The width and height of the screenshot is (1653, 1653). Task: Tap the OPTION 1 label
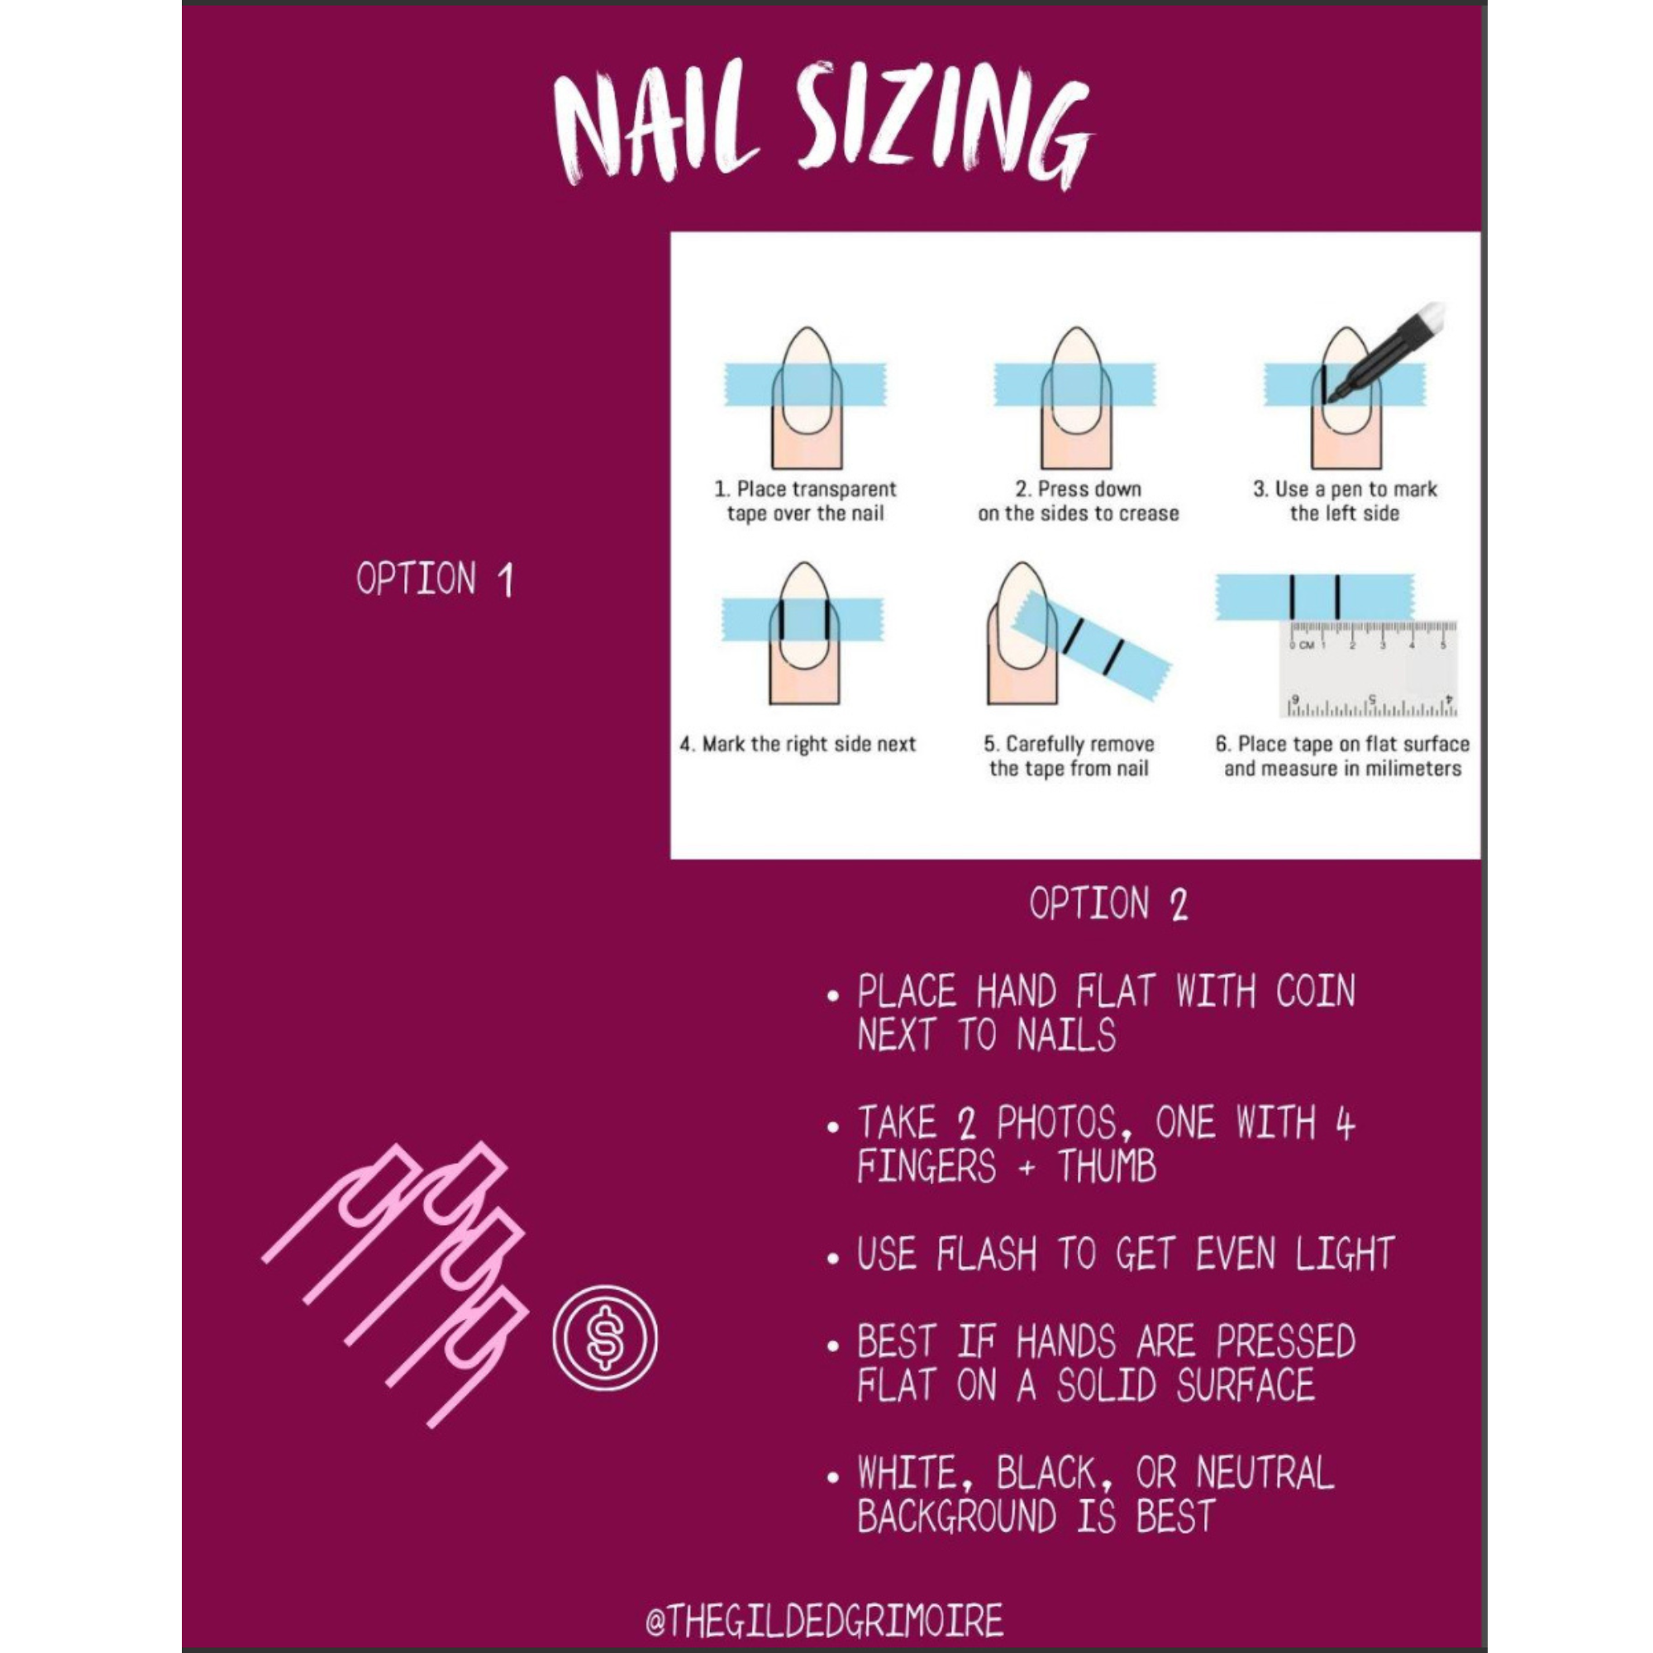(x=435, y=579)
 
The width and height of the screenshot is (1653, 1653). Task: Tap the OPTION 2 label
(x=1109, y=904)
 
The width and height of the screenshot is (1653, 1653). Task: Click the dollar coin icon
(x=605, y=1337)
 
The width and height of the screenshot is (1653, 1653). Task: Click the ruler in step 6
(x=1368, y=667)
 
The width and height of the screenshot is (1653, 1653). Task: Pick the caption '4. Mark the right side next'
(x=798, y=745)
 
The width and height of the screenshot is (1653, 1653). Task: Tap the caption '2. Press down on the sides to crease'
(x=1078, y=502)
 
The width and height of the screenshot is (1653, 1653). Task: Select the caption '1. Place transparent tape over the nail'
(x=804, y=502)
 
